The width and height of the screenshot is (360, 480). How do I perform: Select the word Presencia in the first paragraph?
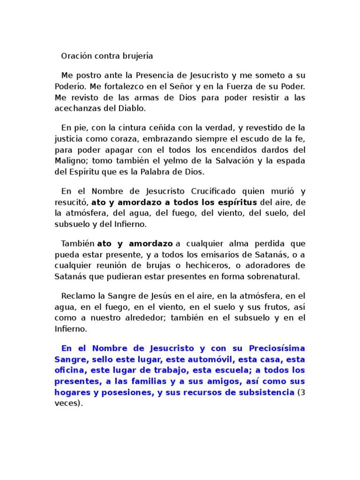pos(157,75)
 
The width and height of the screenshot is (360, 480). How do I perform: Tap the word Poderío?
pos(70,87)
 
